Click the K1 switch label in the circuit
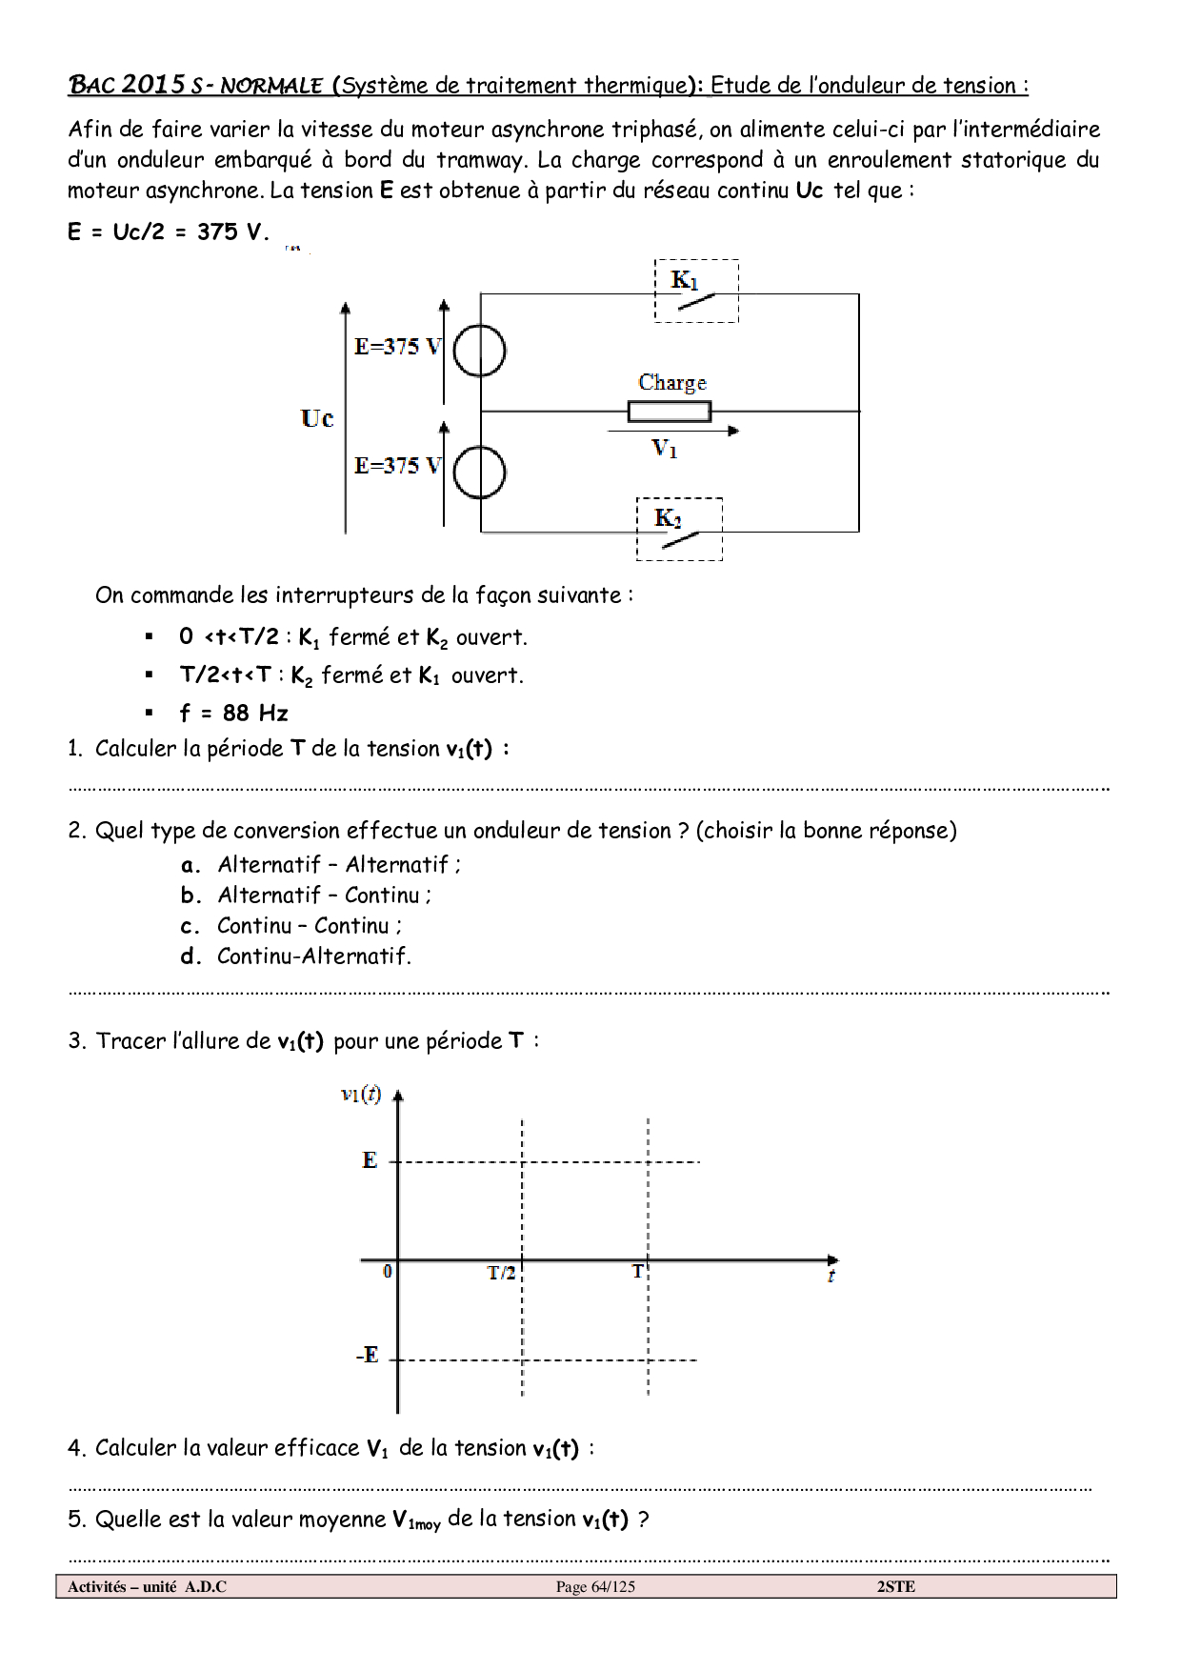coord(684,280)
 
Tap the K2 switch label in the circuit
coord(668,518)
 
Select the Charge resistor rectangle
coord(669,412)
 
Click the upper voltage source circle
coord(479,352)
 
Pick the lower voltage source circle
coord(479,473)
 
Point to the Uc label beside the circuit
coord(317,418)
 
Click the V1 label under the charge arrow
coord(664,448)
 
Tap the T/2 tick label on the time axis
coord(501,1273)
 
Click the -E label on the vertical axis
coord(367,1355)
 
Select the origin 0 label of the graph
coord(387,1271)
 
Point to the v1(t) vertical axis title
coord(361,1094)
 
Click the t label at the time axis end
coord(831,1276)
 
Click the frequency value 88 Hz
coord(255,713)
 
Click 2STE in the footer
coord(895,1586)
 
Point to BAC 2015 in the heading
coord(127,85)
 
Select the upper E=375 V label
coord(397,347)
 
